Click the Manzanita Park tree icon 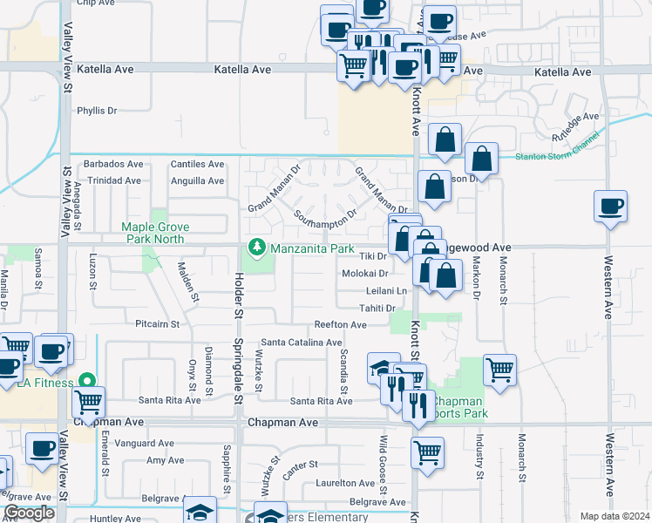pos(256,248)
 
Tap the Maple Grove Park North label pos(155,233)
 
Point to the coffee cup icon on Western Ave pos(610,207)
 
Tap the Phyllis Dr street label pos(97,111)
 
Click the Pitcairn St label pos(157,324)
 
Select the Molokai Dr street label pos(364,274)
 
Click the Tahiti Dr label pos(378,309)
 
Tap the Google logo pos(30,513)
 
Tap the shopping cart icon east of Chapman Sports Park pos(499,370)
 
